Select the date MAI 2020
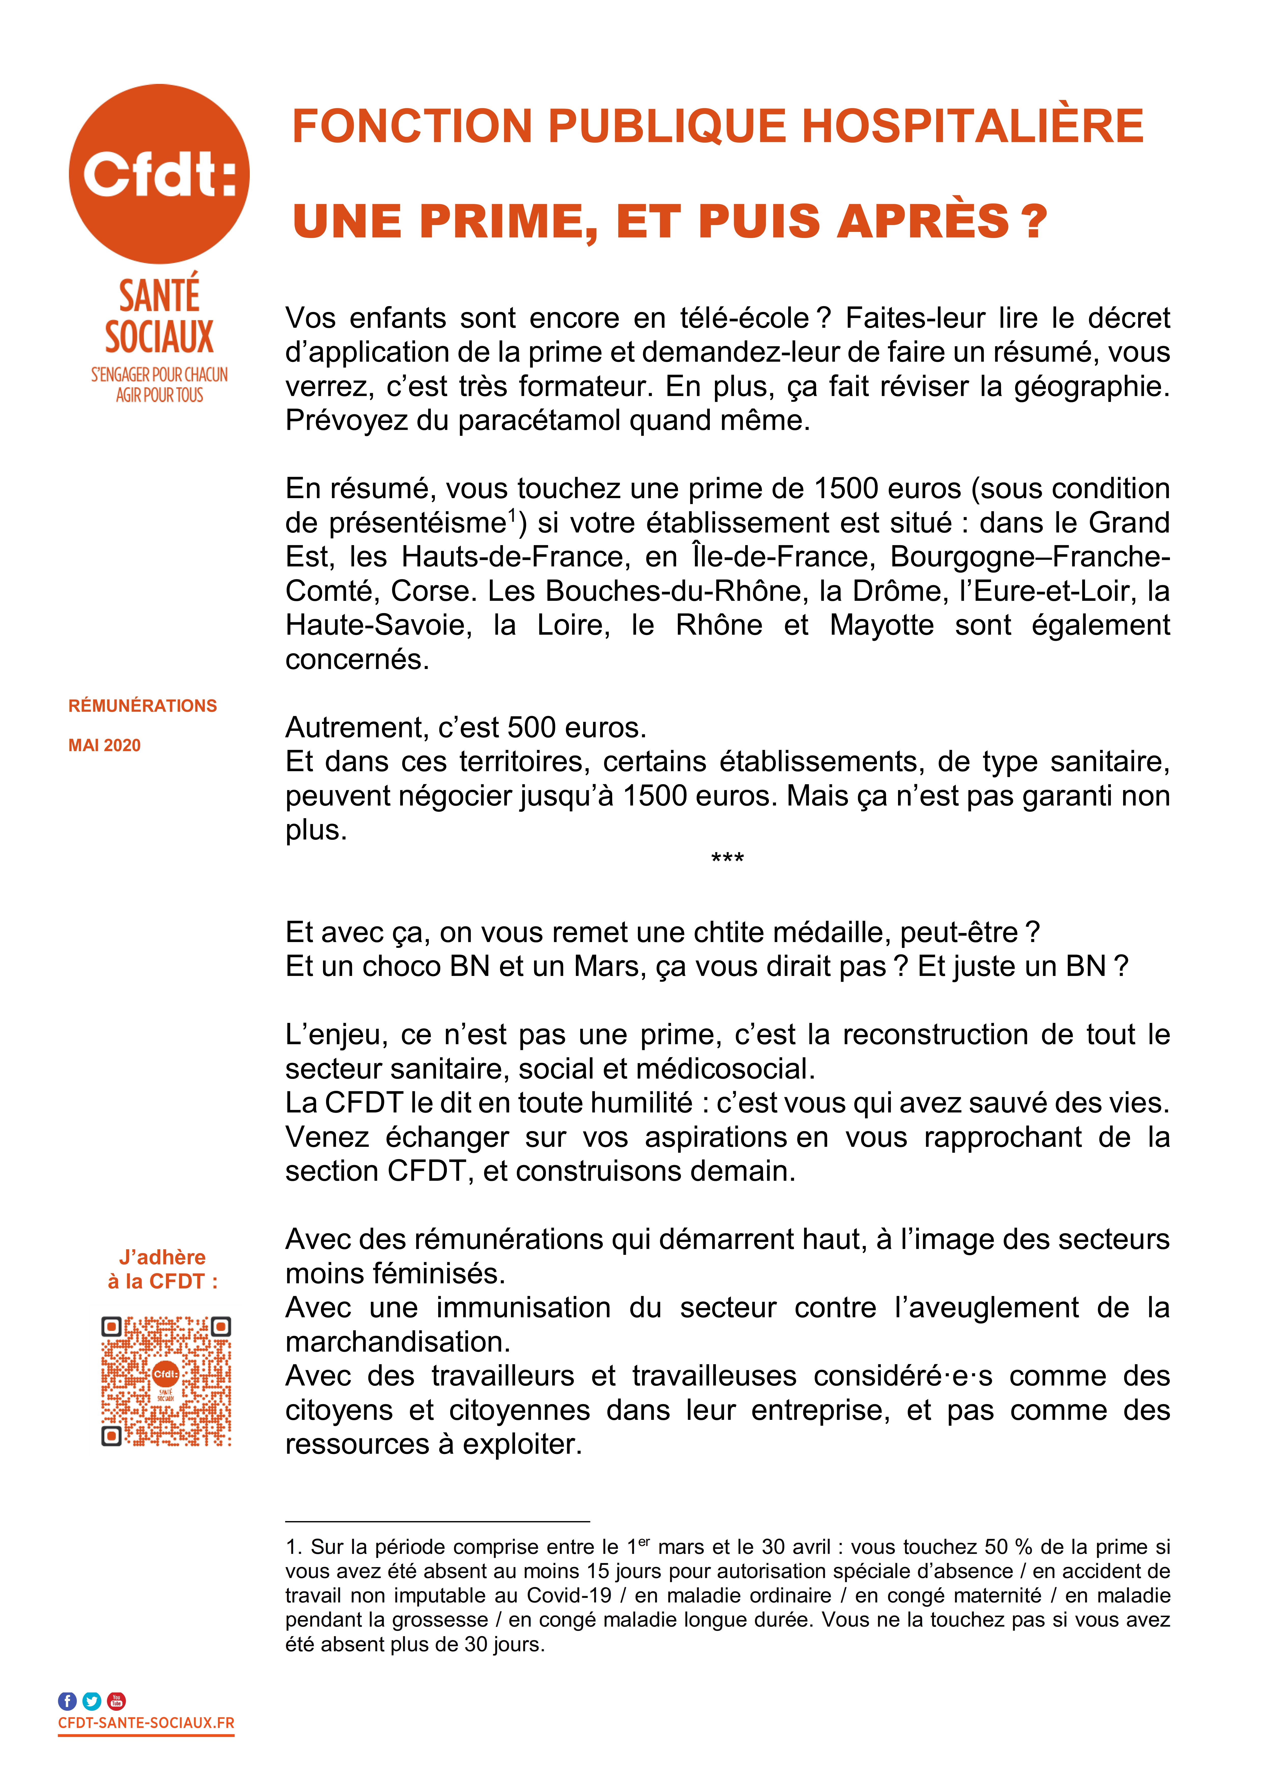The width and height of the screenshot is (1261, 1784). coord(104,745)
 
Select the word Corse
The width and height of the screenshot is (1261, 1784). coord(431,591)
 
